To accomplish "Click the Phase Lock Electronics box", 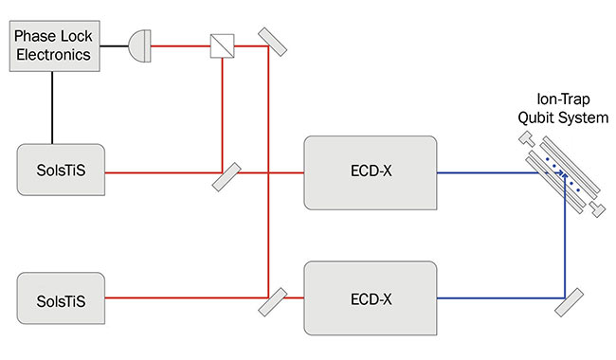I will [51, 45].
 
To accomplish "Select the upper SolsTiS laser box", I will [61, 172].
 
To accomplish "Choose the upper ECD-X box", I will [371, 172].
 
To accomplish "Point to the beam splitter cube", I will [221, 42].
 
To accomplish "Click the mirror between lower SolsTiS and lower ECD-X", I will [270, 301].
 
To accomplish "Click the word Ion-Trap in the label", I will [559, 102].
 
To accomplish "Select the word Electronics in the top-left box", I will [51, 55].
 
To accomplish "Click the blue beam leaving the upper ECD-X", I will [483, 172].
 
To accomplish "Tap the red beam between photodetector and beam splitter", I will [180, 42].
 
